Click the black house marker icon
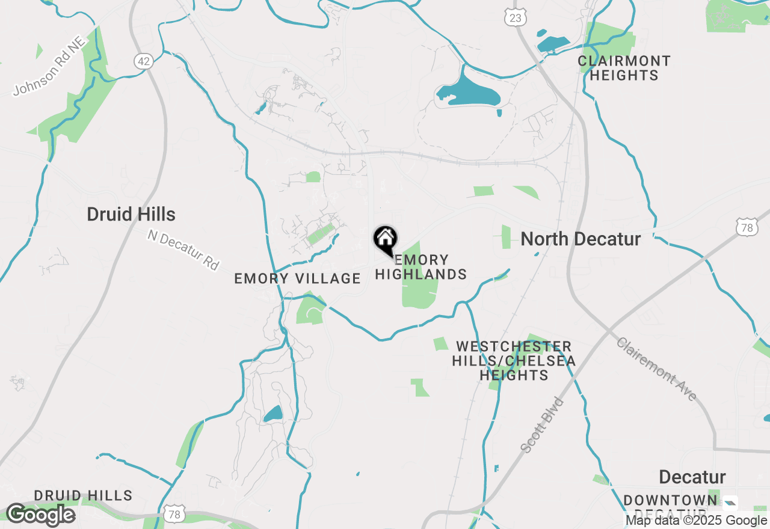pyautogui.click(x=386, y=239)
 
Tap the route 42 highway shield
pyautogui.click(x=143, y=61)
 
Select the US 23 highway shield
pyautogui.click(x=516, y=18)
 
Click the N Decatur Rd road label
pyautogui.click(x=183, y=249)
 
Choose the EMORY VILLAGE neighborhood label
pyautogui.click(x=297, y=278)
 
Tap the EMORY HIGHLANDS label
pyautogui.click(x=421, y=268)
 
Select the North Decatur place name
pyautogui.click(x=581, y=239)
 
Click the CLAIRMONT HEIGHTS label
pyautogui.click(x=624, y=68)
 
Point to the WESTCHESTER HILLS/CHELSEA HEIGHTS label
pyautogui.click(x=514, y=361)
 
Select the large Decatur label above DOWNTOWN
pyautogui.click(x=692, y=477)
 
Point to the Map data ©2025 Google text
pyautogui.click(x=696, y=521)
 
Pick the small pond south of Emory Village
pyautogui.click(x=273, y=414)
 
